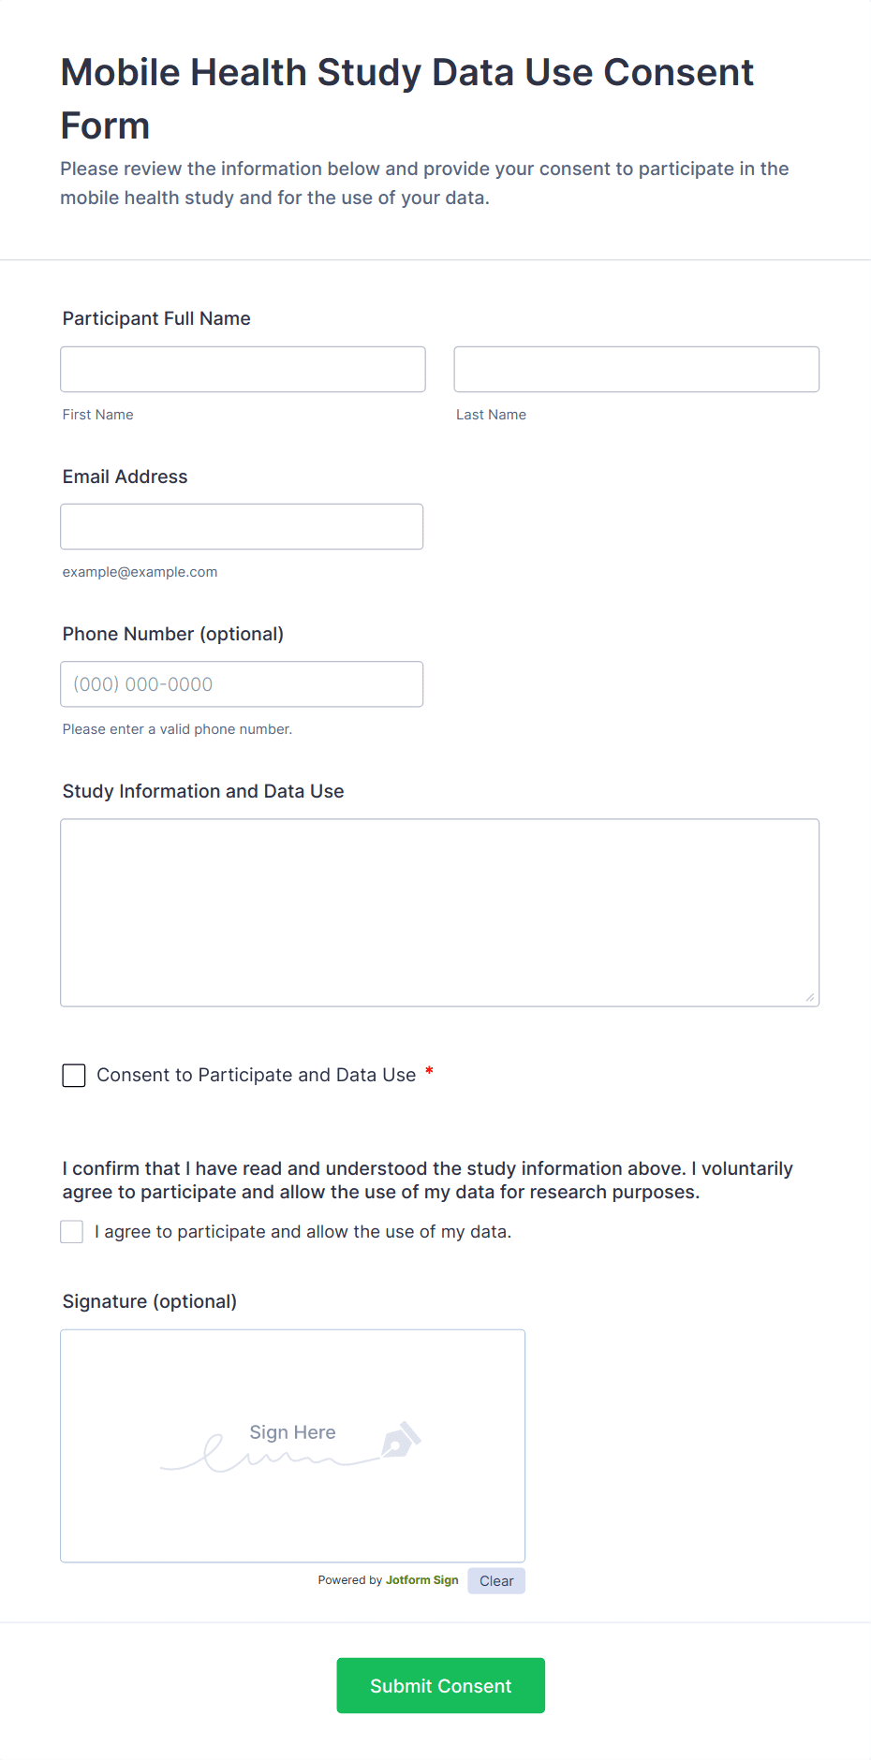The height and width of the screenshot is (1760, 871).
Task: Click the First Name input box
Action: click(243, 370)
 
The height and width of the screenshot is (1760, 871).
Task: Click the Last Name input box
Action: click(636, 370)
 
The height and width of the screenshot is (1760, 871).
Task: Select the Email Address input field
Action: click(242, 527)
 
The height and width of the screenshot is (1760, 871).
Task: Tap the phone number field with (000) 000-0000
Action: click(242, 684)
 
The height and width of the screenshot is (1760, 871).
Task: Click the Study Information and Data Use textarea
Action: click(439, 913)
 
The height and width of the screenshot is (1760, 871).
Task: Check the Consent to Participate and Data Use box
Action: click(74, 1076)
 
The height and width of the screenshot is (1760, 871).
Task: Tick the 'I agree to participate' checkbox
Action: click(72, 1232)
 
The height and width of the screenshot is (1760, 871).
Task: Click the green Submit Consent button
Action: click(440, 1686)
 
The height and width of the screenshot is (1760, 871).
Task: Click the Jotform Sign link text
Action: click(421, 1580)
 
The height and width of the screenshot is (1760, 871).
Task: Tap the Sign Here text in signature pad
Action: click(292, 1432)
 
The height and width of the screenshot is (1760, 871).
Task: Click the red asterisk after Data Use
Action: click(429, 1071)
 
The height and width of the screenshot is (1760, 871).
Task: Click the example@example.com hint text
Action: click(140, 572)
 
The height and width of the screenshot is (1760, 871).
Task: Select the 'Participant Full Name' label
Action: click(156, 318)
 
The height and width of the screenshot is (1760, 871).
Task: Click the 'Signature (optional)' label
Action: click(150, 1301)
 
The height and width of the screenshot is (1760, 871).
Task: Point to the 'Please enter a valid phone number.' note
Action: click(177, 729)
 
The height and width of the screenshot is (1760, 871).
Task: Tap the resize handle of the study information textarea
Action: click(810, 998)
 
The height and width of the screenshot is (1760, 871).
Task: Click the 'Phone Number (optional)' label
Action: click(173, 634)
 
